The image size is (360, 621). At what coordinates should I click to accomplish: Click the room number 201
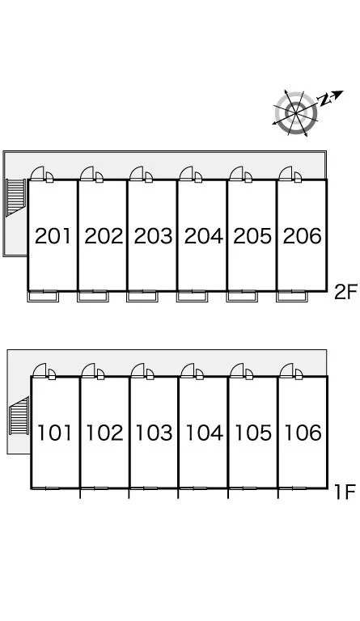(53, 236)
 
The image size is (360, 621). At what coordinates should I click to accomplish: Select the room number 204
(204, 236)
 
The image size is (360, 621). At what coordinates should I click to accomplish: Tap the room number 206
(303, 236)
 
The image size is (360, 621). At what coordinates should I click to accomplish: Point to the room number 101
(54, 433)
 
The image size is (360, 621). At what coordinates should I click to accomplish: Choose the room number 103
(154, 433)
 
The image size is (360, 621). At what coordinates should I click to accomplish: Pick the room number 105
(253, 433)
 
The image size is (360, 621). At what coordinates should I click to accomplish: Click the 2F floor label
(345, 293)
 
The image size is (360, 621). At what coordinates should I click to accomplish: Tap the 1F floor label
(344, 492)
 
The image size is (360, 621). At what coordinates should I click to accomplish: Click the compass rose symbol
(296, 113)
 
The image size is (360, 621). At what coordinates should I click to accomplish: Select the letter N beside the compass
(325, 100)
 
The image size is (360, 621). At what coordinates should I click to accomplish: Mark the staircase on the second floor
(16, 197)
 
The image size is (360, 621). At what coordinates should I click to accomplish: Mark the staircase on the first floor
(19, 416)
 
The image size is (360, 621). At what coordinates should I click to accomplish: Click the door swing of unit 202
(87, 173)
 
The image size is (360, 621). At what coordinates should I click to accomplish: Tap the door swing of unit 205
(236, 173)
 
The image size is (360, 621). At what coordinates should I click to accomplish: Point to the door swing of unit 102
(89, 370)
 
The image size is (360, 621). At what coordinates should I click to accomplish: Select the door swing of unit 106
(286, 370)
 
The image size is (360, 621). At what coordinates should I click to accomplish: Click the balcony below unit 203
(142, 296)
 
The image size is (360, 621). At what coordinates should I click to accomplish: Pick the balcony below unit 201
(43, 296)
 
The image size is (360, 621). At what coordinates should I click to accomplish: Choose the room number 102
(104, 433)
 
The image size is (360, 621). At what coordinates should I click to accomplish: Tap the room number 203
(153, 236)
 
